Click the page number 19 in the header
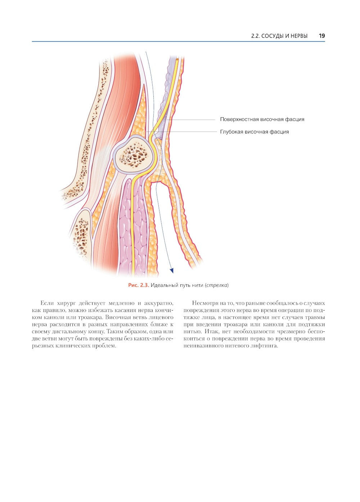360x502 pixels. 322,36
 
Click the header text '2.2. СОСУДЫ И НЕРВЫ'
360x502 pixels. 279,36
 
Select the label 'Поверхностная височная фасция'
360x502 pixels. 262,119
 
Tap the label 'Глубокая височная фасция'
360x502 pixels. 254,132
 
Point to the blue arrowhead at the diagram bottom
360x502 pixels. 172,271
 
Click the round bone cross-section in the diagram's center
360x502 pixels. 135,155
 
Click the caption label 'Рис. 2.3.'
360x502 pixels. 139,285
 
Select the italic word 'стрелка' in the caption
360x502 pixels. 216,285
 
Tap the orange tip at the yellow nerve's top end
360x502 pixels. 177,60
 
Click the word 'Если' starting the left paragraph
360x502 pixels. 47,303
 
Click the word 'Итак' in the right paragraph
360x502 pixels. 212,331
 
